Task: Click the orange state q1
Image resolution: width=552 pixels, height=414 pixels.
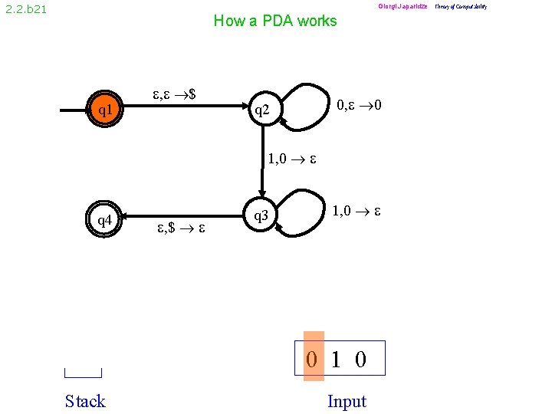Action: pos(105,111)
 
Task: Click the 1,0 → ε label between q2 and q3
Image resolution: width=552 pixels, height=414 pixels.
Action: pos(292,160)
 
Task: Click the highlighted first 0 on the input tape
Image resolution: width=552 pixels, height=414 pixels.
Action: pos(313,359)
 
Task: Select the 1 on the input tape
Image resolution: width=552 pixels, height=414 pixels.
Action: pos(337,359)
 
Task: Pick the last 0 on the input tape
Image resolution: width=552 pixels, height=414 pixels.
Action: pos(360,359)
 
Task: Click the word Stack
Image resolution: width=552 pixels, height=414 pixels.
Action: pos(85,401)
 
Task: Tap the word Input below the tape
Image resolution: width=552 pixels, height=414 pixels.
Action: pos(347,401)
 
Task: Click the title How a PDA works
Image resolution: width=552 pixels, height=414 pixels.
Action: pos(274,21)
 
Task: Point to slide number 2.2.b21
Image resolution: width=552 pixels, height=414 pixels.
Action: pos(25,10)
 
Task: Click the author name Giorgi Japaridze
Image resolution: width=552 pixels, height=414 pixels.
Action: pos(402,7)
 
